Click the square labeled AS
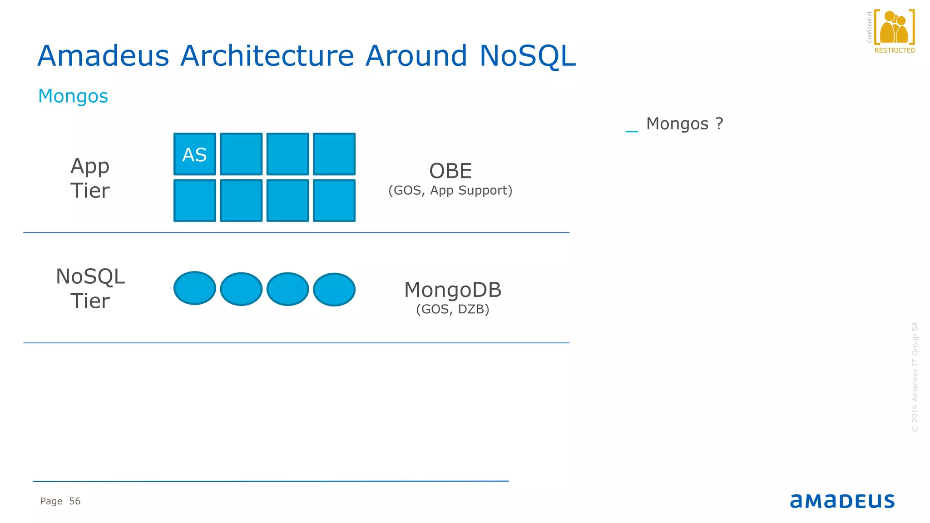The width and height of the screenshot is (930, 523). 194,154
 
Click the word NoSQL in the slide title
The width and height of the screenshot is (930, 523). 527,56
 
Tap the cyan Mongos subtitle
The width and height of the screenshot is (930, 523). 73,96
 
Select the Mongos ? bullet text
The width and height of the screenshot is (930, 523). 684,124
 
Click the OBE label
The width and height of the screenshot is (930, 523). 450,171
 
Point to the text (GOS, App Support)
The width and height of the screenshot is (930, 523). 450,191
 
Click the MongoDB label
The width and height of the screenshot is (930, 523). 453,290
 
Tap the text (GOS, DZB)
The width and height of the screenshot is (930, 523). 453,310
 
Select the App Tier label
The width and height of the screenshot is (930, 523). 90,178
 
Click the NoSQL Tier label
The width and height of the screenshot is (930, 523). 90,289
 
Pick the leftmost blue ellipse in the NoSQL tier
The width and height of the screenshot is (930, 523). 194,288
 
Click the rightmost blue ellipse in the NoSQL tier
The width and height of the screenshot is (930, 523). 334,289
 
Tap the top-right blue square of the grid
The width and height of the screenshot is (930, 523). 334,154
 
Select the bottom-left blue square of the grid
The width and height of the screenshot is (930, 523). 194,201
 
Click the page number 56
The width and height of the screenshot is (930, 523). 74,501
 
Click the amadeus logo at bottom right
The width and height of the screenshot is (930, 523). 842,501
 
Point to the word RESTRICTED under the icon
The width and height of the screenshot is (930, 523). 895,50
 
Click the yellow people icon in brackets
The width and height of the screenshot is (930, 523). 894,28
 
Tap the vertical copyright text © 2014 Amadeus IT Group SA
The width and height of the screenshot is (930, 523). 915,377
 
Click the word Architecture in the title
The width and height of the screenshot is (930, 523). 267,56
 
